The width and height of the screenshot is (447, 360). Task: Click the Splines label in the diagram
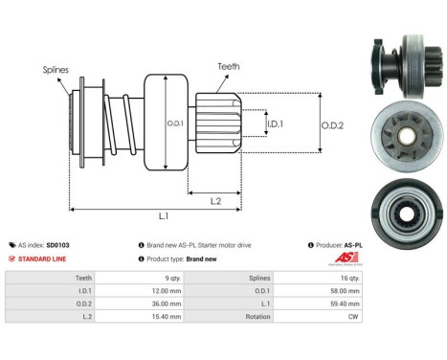pos(56,70)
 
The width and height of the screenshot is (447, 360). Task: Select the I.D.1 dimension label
pos(274,124)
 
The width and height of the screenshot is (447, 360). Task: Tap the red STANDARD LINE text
pos(45,259)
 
